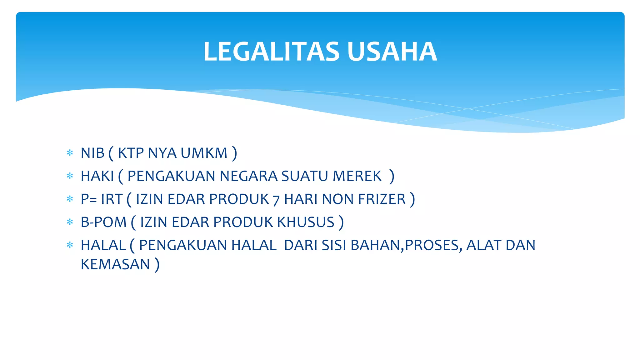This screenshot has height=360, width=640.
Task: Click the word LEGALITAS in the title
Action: point(271,52)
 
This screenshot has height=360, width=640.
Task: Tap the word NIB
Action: point(92,153)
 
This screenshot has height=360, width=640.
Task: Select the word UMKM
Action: point(204,153)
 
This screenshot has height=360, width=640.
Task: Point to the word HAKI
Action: point(97,176)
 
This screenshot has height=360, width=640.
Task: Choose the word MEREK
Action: point(357,176)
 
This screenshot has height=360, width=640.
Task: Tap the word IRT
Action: point(111,199)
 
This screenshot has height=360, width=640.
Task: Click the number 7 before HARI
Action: point(276,200)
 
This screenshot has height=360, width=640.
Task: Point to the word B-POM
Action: point(103,222)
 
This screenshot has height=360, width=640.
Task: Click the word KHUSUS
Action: point(306,222)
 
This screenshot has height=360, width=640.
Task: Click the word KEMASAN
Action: point(115,264)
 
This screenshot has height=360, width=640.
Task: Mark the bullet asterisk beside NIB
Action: point(70,153)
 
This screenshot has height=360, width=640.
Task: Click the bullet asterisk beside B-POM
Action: point(70,222)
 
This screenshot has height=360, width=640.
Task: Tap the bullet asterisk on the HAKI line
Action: point(70,176)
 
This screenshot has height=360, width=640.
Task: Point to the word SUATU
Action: point(305,176)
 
